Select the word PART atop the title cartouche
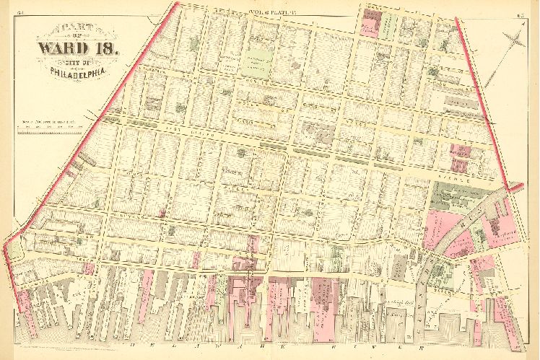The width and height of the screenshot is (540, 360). [74, 31]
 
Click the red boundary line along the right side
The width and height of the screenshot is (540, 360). [480, 101]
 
